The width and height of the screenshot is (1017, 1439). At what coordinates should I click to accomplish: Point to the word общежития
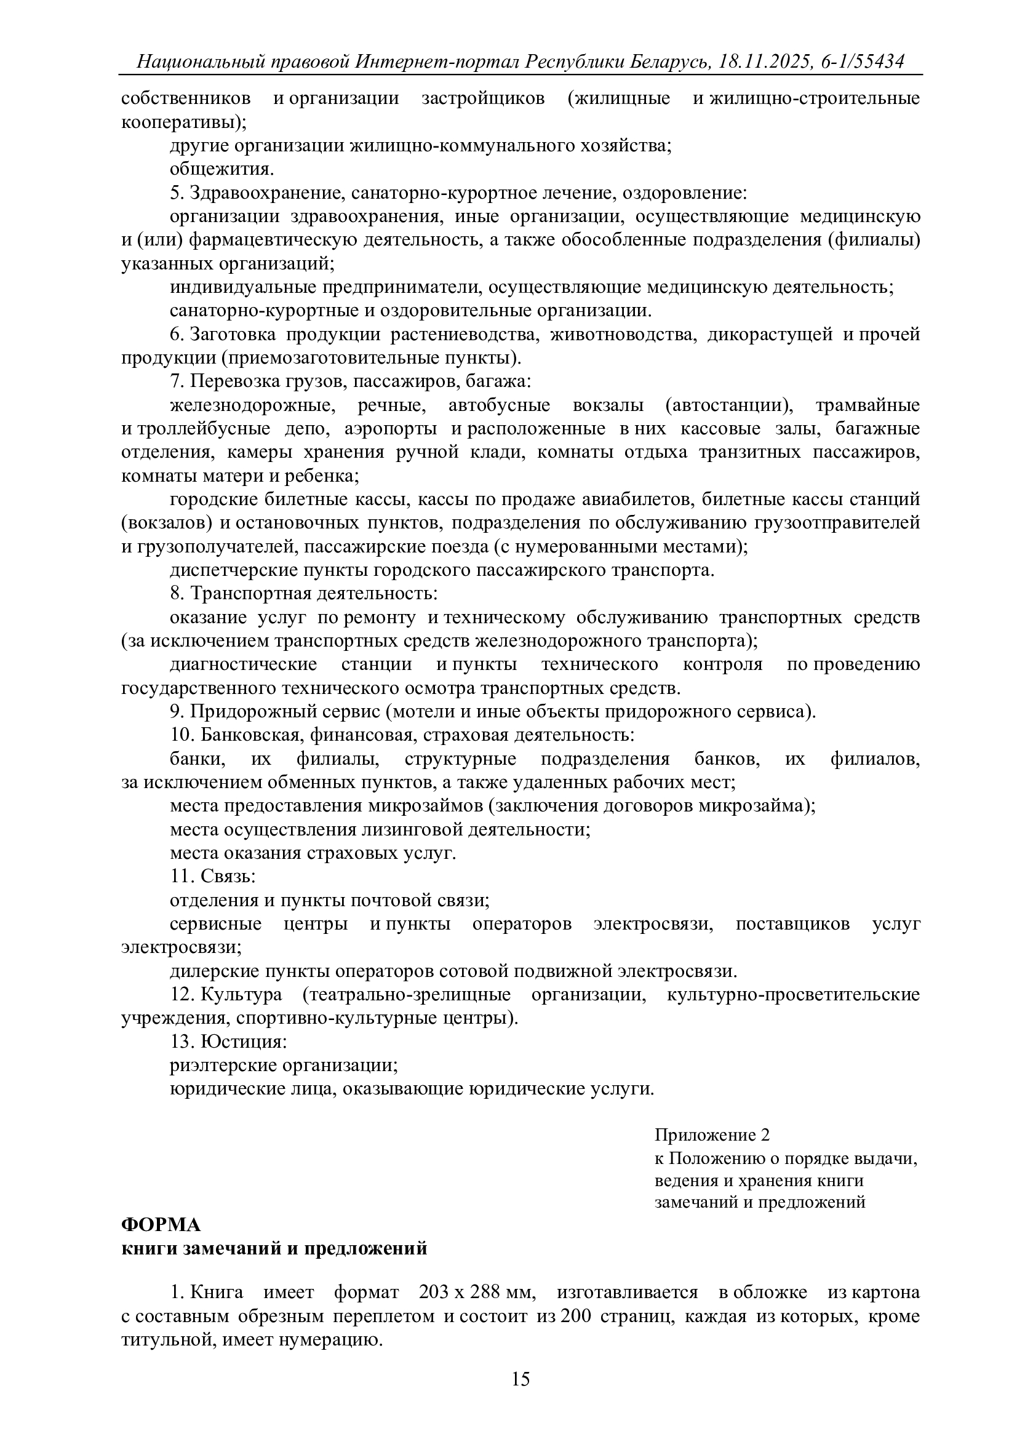[221, 169]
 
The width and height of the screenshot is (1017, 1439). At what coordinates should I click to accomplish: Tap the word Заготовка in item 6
[233, 335]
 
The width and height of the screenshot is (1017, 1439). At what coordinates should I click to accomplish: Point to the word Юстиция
[244, 1042]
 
